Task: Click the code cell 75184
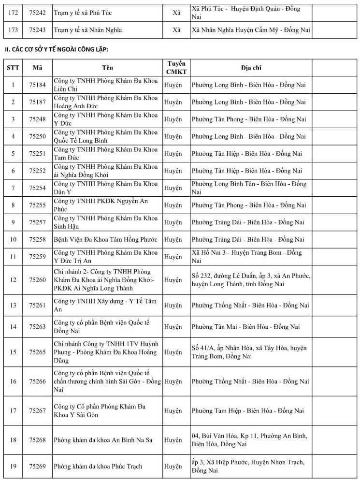tap(37, 85)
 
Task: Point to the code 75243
tap(37, 30)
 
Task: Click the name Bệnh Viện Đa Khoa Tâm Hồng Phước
tap(105, 239)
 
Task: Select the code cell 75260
tap(37, 279)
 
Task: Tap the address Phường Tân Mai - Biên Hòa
tap(246, 327)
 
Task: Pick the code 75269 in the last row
tap(37, 466)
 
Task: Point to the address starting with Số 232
tap(251, 280)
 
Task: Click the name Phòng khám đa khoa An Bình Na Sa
tap(103, 440)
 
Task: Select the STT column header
tap(13, 68)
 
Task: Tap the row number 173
tap(13, 30)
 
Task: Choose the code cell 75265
tap(37, 352)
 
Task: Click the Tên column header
tap(108, 68)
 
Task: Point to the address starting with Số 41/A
tap(249, 352)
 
